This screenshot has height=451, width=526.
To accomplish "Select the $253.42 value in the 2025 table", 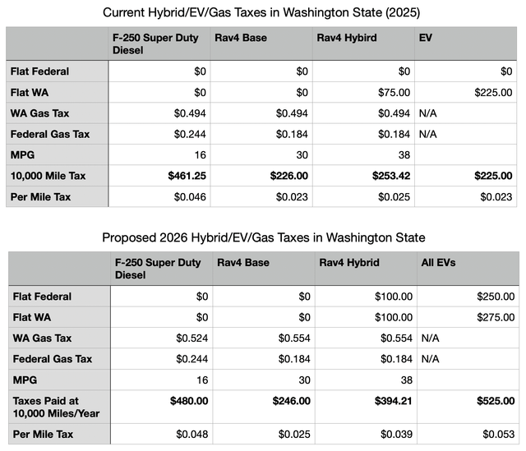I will click(388, 175).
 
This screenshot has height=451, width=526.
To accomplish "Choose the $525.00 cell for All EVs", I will click(491, 402).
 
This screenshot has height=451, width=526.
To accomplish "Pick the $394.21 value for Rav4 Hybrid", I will click(388, 402).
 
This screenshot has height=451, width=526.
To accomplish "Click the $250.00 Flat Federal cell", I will click(491, 296).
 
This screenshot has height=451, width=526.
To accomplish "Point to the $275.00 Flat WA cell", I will click(491, 317).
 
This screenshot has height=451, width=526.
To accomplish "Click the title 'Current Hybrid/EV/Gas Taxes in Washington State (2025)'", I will click(263, 12).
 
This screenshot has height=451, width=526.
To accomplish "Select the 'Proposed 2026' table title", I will click(263, 237).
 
